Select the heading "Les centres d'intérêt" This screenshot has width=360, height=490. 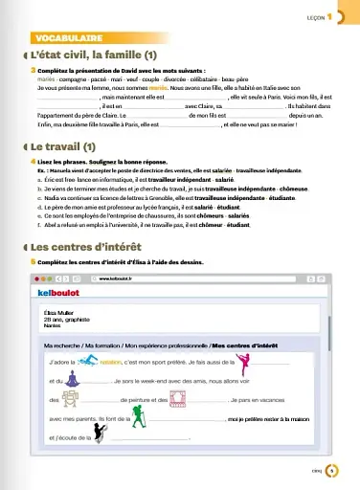tap(92, 245)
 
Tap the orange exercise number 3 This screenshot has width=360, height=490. tap(34, 70)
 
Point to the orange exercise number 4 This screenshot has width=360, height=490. tap(34, 163)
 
